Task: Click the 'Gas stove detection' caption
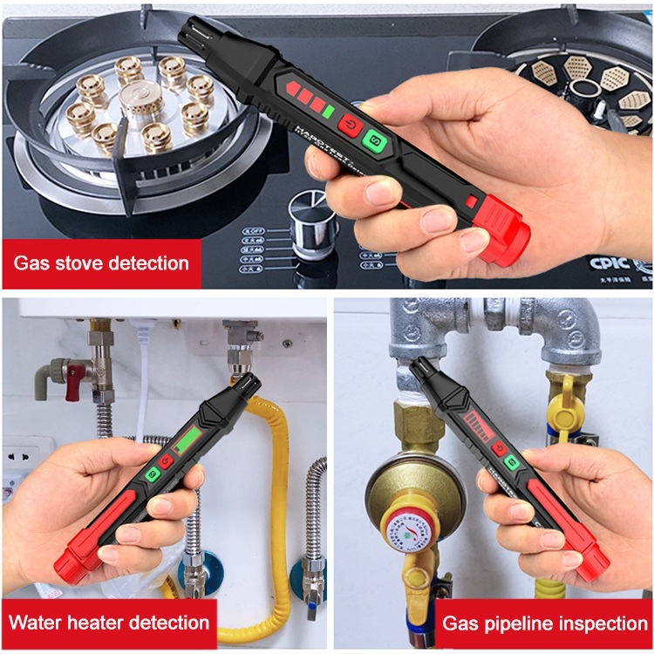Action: [x=100, y=262]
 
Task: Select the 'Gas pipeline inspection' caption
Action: [x=544, y=623]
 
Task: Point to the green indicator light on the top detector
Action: [x=329, y=111]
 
